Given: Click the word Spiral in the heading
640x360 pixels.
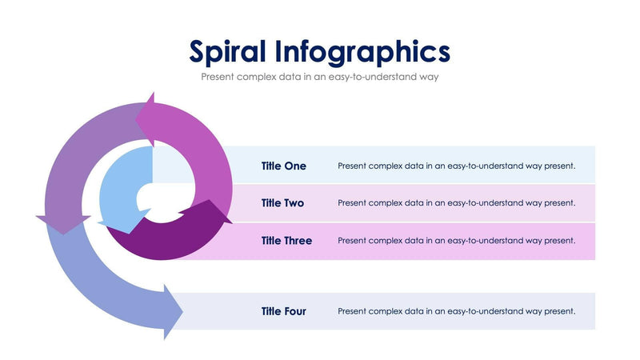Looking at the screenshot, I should [226, 51].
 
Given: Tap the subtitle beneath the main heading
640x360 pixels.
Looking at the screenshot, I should [320, 78].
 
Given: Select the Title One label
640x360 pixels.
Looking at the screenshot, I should [283, 166].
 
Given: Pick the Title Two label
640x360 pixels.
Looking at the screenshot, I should [282, 203].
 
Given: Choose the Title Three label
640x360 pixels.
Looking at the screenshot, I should [286, 241].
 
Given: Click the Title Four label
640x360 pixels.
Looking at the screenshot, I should [283, 311].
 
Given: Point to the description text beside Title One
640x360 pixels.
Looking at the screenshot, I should [456, 166].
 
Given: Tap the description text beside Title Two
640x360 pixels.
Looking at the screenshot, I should [456, 203].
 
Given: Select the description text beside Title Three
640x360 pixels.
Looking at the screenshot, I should [456, 241].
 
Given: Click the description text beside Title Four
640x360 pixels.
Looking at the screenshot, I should [456, 311].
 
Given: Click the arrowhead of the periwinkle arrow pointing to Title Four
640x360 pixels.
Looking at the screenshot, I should [172, 311].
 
